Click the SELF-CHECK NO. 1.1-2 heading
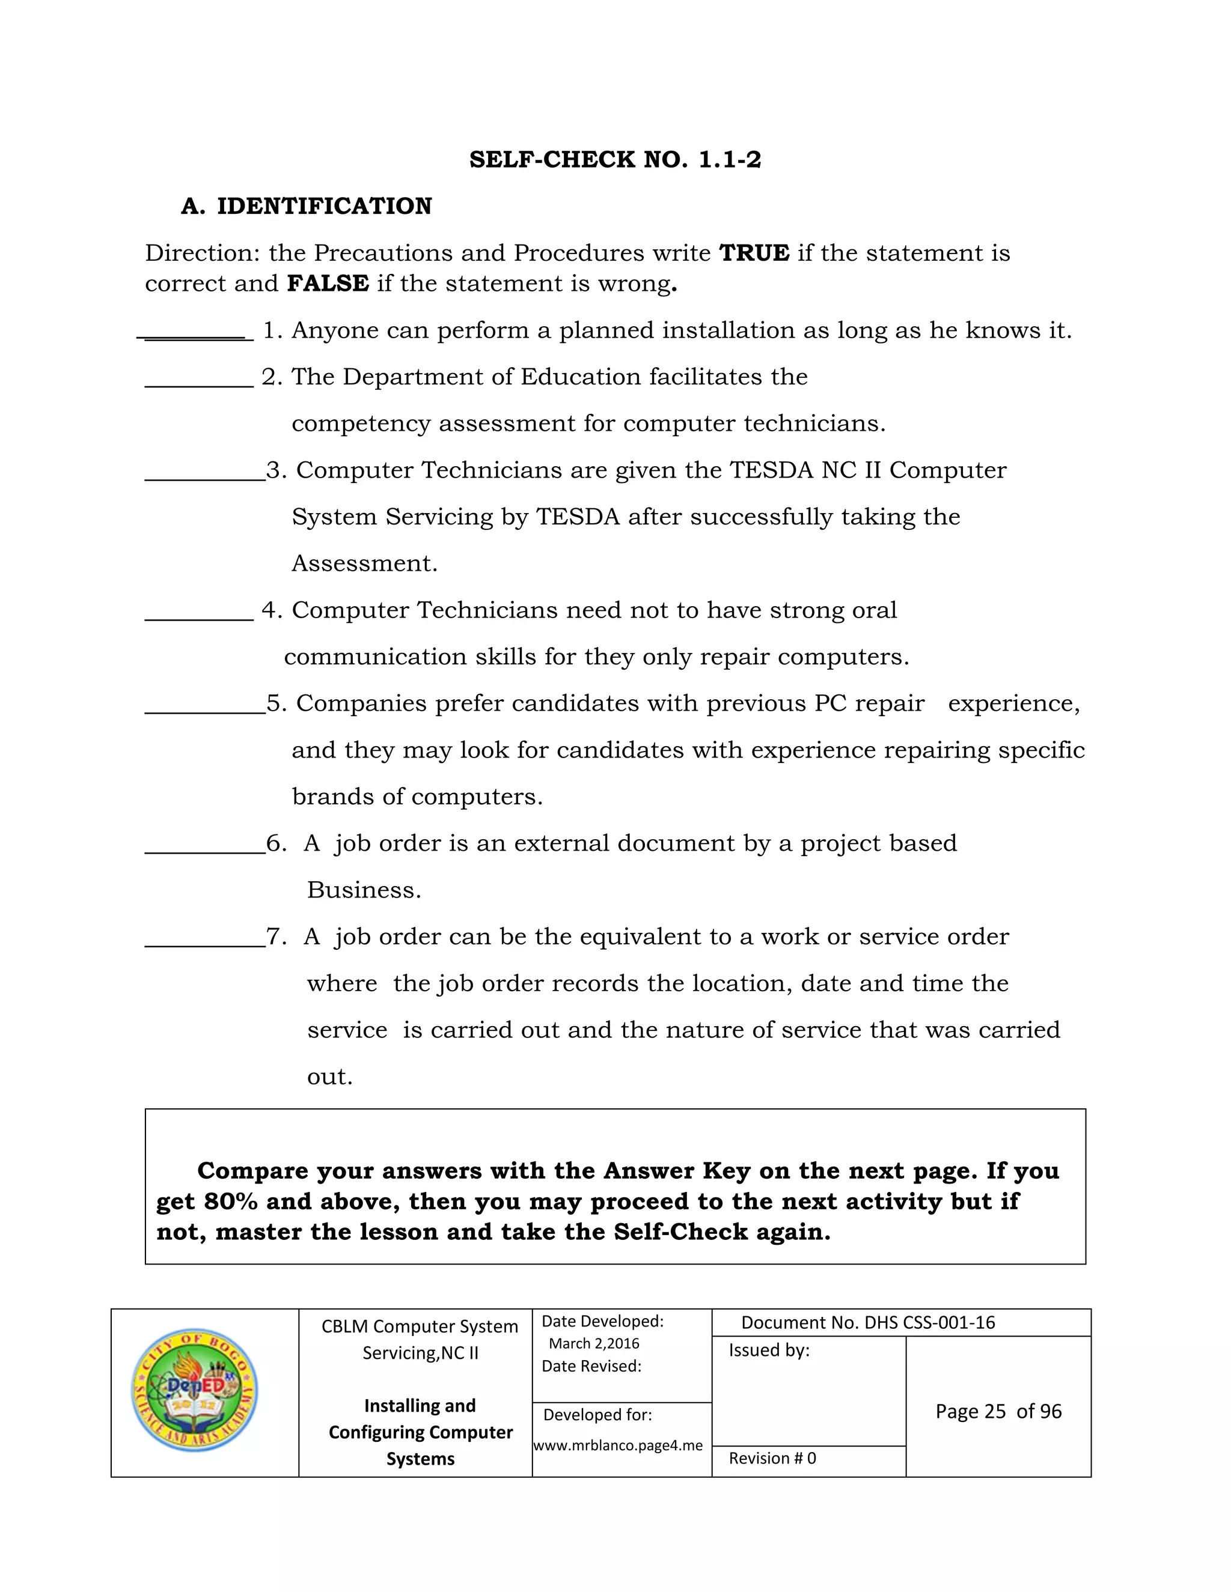click(615, 160)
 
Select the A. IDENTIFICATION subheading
click(307, 206)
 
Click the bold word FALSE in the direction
click(328, 284)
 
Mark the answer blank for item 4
click(199, 618)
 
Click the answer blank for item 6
click(205, 851)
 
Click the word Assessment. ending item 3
click(364, 564)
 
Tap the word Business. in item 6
click(364, 890)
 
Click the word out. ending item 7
click(329, 1077)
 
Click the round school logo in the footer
click(194, 1390)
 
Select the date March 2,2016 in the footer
click(594, 1343)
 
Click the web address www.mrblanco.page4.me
click(619, 1445)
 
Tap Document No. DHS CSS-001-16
click(868, 1322)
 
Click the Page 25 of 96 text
click(998, 1411)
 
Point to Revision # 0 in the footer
click(772, 1458)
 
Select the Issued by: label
click(769, 1350)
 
